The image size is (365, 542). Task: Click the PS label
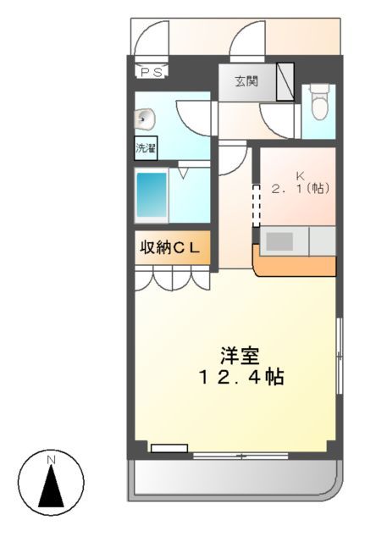[152, 72]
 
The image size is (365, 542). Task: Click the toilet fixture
[318, 105]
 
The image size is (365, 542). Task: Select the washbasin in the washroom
[145, 119]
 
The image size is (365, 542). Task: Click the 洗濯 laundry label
[146, 148]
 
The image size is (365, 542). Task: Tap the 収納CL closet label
[170, 247]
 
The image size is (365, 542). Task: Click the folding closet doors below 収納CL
[172, 277]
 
